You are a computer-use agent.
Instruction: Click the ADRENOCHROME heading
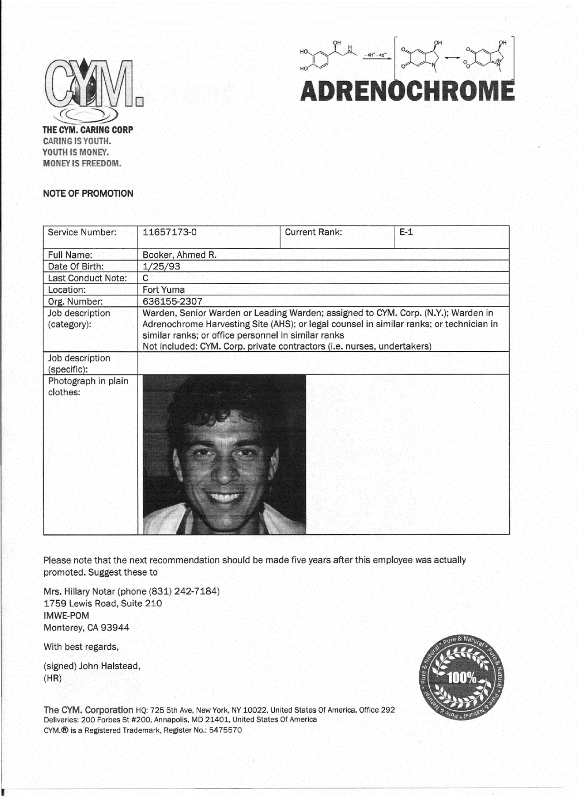407,90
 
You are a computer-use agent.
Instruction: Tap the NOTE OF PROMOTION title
88,194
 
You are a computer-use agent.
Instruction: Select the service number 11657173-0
170,232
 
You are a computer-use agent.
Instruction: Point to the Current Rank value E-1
406,232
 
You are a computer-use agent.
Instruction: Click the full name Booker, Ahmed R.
180,255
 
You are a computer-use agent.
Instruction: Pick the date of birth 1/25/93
161,266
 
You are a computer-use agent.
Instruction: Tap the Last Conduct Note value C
146,278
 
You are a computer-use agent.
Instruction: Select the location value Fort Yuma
164,290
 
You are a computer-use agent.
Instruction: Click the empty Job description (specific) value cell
323,364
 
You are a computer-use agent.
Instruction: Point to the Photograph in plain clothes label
88,387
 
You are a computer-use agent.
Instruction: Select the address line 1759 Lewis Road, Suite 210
102,604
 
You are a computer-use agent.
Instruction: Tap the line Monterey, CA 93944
86,628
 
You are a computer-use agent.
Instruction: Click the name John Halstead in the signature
109,666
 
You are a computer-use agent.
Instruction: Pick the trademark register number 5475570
225,730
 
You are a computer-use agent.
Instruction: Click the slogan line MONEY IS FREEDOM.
82,163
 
